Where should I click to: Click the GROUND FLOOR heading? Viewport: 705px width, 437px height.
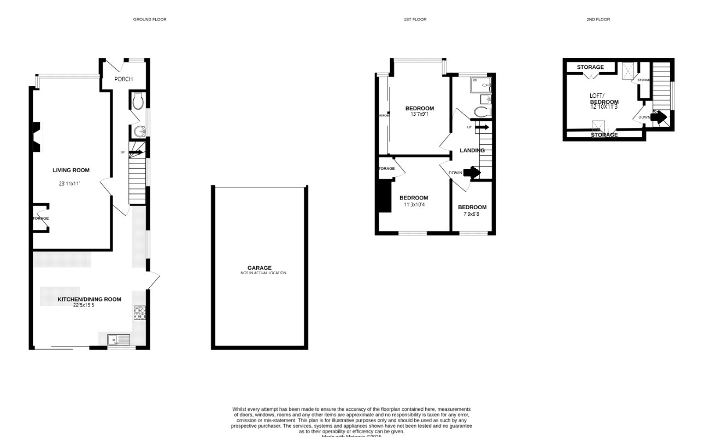coord(150,19)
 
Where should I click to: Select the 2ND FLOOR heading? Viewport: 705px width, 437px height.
coord(598,19)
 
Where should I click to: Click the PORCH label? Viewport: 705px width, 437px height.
coord(124,79)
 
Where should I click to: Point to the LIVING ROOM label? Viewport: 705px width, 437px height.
coord(71,170)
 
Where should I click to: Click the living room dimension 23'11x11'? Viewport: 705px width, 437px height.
coord(69,184)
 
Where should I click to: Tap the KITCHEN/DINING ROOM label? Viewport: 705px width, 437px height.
coord(90,299)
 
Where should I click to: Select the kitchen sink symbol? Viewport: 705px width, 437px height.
coord(119,340)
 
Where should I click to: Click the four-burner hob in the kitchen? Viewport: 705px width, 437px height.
coord(139,313)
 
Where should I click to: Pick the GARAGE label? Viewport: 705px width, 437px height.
coord(263,268)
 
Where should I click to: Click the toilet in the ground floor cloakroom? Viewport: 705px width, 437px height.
coord(138,101)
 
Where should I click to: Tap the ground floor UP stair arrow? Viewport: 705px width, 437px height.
coord(136,152)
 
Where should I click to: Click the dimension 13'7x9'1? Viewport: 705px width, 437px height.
coord(419,114)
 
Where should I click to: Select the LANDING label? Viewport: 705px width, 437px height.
coord(472,150)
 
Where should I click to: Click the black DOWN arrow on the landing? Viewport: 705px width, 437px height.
coord(472,173)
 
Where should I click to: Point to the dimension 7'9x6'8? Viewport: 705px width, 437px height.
coord(472,214)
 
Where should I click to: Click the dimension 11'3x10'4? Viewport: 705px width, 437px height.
coord(414,204)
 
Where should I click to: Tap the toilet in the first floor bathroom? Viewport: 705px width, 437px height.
coord(481,112)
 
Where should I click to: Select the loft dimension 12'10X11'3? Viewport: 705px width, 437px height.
coord(604,107)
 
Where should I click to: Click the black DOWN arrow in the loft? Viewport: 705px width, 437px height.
coord(659,117)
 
